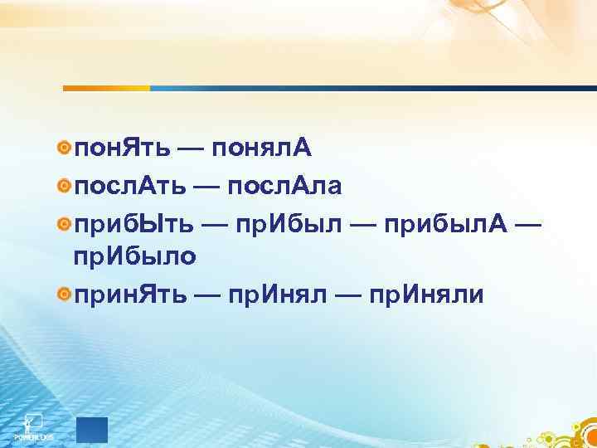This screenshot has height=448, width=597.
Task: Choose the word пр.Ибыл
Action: tap(288, 224)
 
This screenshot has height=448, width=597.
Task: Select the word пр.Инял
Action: tap(289, 294)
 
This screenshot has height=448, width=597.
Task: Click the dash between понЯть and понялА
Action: tap(192, 150)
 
